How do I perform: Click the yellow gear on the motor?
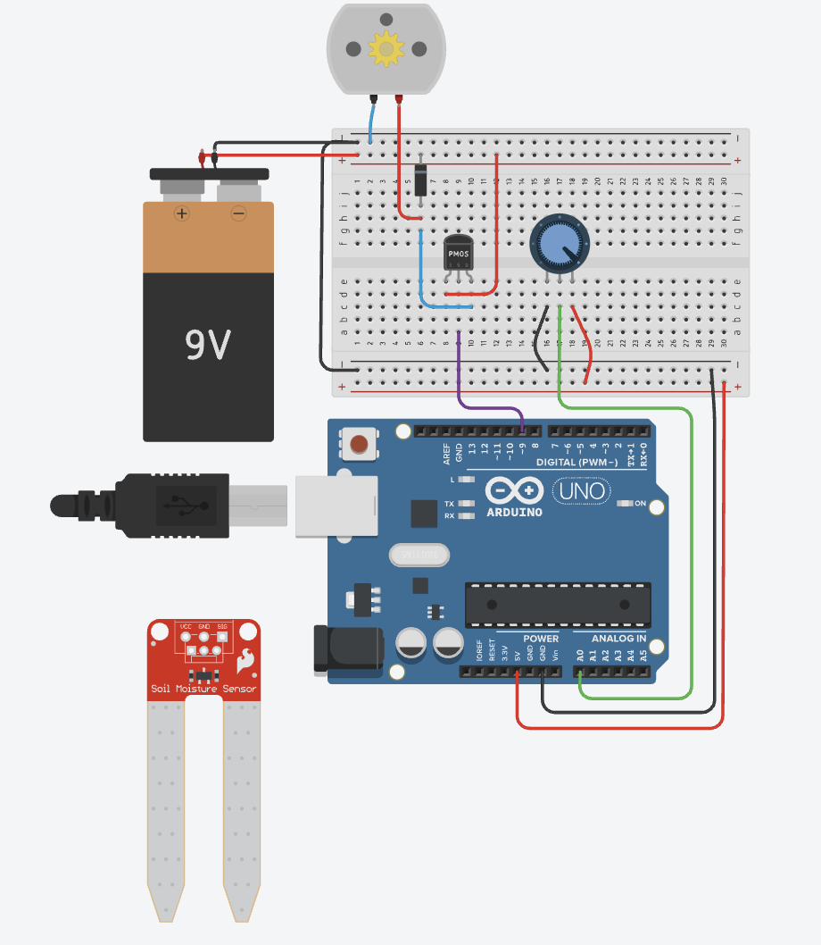click(x=386, y=48)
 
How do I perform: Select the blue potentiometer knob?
click(x=559, y=242)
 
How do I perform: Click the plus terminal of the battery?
click(x=182, y=213)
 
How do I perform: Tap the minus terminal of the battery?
click(x=238, y=213)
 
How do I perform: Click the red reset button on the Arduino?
click(x=360, y=444)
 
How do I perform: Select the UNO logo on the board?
click(x=581, y=490)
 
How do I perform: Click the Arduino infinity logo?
click(x=514, y=490)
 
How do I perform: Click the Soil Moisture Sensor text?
click(x=203, y=689)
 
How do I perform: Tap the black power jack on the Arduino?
click(x=348, y=649)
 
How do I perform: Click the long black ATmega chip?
click(x=557, y=604)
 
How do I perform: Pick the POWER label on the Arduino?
click(x=541, y=639)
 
